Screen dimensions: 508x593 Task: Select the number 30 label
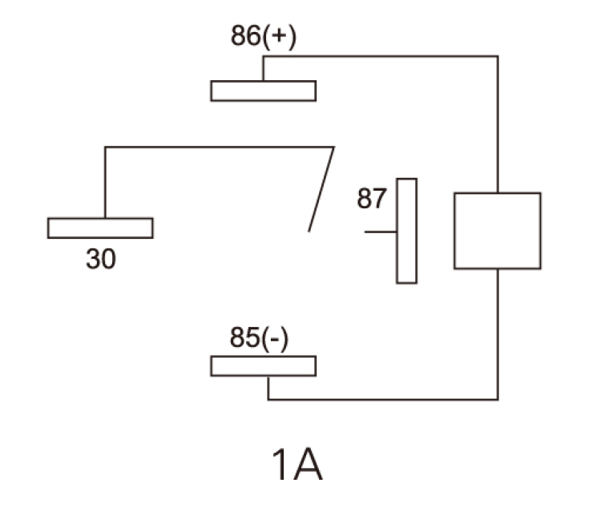coord(101,259)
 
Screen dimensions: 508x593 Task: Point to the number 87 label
coord(372,199)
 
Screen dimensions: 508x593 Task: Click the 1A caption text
coord(296,466)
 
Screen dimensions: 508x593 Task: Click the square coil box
coord(497,230)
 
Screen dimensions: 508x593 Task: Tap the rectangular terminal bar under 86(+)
coord(263,91)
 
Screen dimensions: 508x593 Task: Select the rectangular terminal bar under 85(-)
coord(263,366)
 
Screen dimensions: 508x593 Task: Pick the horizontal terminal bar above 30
coord(100,228)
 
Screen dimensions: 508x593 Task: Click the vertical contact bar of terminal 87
coord(406,231)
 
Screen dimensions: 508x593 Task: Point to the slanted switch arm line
coord(321,190)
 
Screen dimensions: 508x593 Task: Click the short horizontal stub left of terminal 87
coord(380,232)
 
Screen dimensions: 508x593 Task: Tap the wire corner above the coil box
coord(498,56)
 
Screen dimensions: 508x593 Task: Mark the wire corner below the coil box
coord(498,399)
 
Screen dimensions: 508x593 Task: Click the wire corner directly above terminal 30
coord(105,147)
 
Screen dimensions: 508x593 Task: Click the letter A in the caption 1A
coord(309,466)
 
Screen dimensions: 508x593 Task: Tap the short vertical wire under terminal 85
coord(268,388)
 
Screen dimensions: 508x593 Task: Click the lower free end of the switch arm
coord(309,231)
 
